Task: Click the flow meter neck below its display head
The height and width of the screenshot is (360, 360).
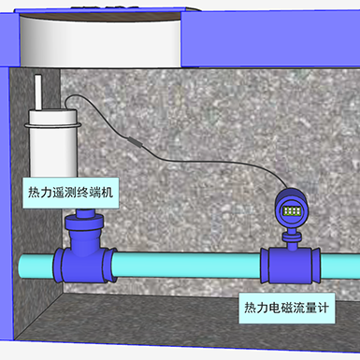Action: pos(291,233)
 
